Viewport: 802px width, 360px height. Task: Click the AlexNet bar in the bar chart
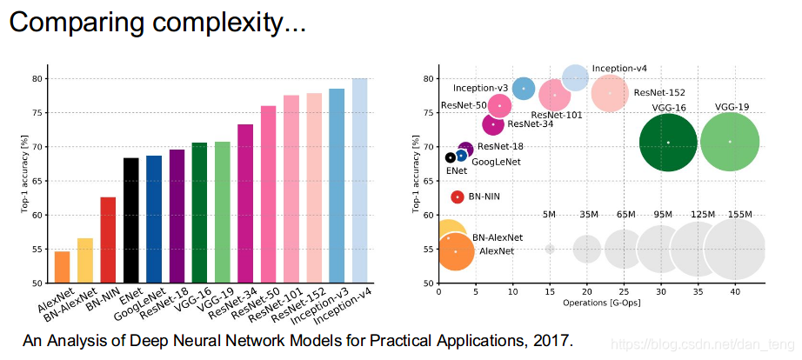tap(62, 267)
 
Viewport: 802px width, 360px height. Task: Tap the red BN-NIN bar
tap(108, 240)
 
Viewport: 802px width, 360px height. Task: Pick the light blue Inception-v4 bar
tap(359, 181)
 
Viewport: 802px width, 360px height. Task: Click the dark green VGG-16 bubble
tap(668, 142)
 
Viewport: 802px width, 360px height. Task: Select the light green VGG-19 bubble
tap(730, 142)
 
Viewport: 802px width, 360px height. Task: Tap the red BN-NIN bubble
tap(458, 197)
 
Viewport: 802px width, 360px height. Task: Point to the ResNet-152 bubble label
tap(659, 92)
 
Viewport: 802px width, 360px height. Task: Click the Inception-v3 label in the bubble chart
tap(481, 88)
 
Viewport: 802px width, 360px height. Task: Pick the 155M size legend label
tap(741, 214)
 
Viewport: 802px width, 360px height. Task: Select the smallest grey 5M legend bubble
tap(549, 249)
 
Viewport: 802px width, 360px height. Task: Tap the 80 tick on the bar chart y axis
tap(41, 78)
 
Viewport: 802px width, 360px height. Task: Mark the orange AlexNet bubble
tap(455, 251)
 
